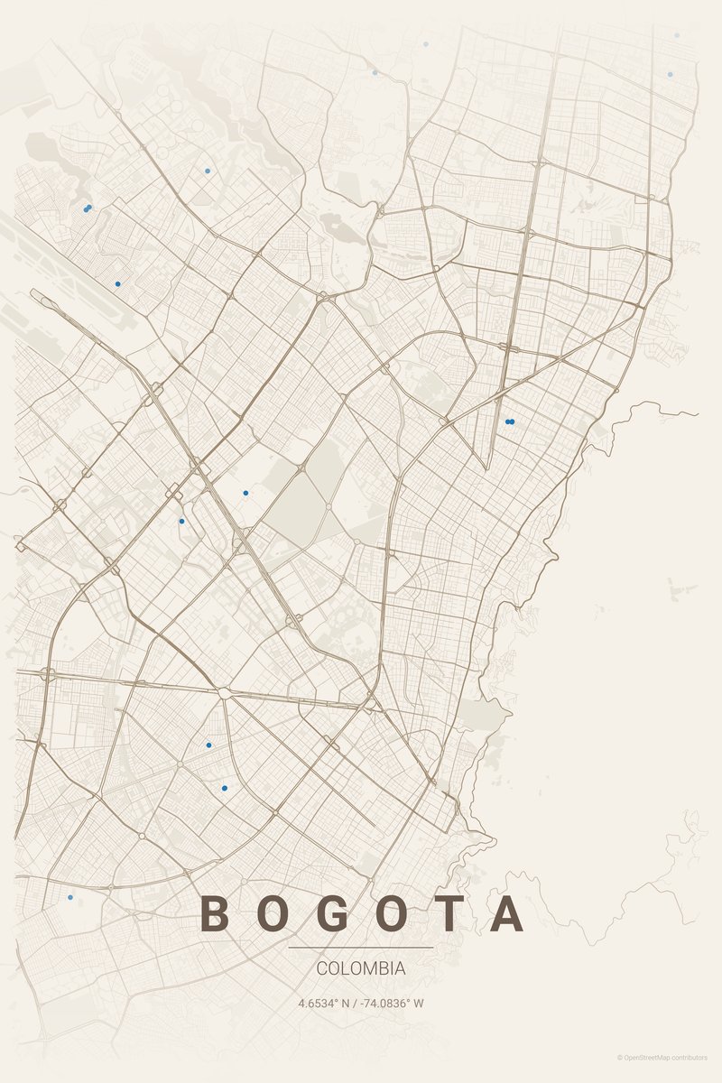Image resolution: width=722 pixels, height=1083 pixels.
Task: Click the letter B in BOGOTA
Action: point(214,913)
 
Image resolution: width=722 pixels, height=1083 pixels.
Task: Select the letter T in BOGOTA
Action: point(451,913)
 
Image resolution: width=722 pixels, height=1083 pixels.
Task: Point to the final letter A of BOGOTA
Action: point(508,913)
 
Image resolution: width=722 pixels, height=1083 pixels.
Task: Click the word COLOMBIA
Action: point(361,968)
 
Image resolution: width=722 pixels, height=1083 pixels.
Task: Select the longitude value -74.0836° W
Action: point(393,1003)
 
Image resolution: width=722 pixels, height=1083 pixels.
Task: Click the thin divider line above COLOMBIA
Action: point(361,948)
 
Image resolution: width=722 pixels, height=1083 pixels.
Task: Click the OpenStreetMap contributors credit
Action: point(666,1057)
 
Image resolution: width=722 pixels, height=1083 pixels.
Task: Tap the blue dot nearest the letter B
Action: point(70,897)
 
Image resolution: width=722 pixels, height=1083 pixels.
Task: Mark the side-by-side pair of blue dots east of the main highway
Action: point(510,421)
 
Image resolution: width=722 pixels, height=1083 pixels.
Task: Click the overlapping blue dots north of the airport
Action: point(88,208)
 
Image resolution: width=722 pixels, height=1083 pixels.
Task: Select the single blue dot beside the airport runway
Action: point(117,284)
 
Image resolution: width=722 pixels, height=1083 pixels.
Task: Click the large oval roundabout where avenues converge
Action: point(223,693)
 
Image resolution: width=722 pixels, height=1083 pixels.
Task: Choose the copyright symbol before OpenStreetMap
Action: point(620,1057)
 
